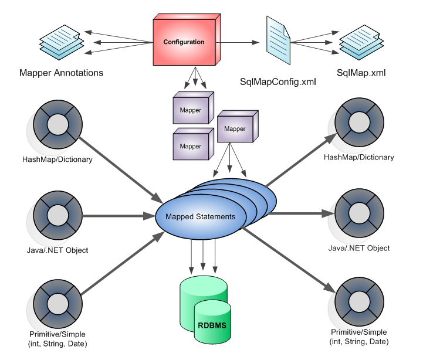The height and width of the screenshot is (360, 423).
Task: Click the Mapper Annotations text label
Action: [x=61, y=73]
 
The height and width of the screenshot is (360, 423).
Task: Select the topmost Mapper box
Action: [x=192, y=109]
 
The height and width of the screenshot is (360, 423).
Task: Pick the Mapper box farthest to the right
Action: [x=236, y=128]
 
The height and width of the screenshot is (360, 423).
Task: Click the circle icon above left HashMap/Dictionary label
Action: [x=57, y=124]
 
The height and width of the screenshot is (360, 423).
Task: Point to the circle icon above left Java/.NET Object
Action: [x=57, y=216]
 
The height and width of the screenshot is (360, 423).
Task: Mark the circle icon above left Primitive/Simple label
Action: [x=57, y=303]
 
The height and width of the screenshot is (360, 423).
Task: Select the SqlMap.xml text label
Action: [x=361, y=73]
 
